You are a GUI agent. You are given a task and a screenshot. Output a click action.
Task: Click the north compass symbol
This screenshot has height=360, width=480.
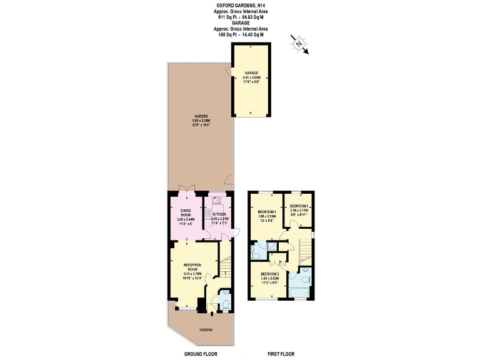click(299, 44)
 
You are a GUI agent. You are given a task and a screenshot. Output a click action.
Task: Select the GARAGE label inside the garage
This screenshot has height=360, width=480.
click(251, 73)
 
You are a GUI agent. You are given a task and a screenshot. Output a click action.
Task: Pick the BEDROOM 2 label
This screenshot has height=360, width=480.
click(271, 274)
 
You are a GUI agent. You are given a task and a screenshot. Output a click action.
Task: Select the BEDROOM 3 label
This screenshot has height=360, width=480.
click(299, 206)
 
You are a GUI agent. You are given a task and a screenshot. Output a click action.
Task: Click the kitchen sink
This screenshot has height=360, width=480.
click(216, 201)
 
